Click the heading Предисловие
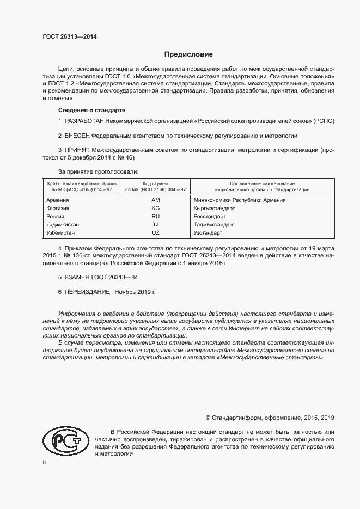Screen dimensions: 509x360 [189, 55]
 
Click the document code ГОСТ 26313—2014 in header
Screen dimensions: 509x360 [70, 37]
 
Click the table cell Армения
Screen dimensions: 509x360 [58, 200]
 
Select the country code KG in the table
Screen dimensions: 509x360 [155, 208]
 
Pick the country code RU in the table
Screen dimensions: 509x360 [155, 217]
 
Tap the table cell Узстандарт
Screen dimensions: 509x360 [208, 233]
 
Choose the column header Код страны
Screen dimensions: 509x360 [155, 183]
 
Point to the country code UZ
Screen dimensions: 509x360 [155, 233]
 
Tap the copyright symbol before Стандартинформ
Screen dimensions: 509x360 [208, 418]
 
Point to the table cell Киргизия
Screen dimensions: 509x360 [59, 208]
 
